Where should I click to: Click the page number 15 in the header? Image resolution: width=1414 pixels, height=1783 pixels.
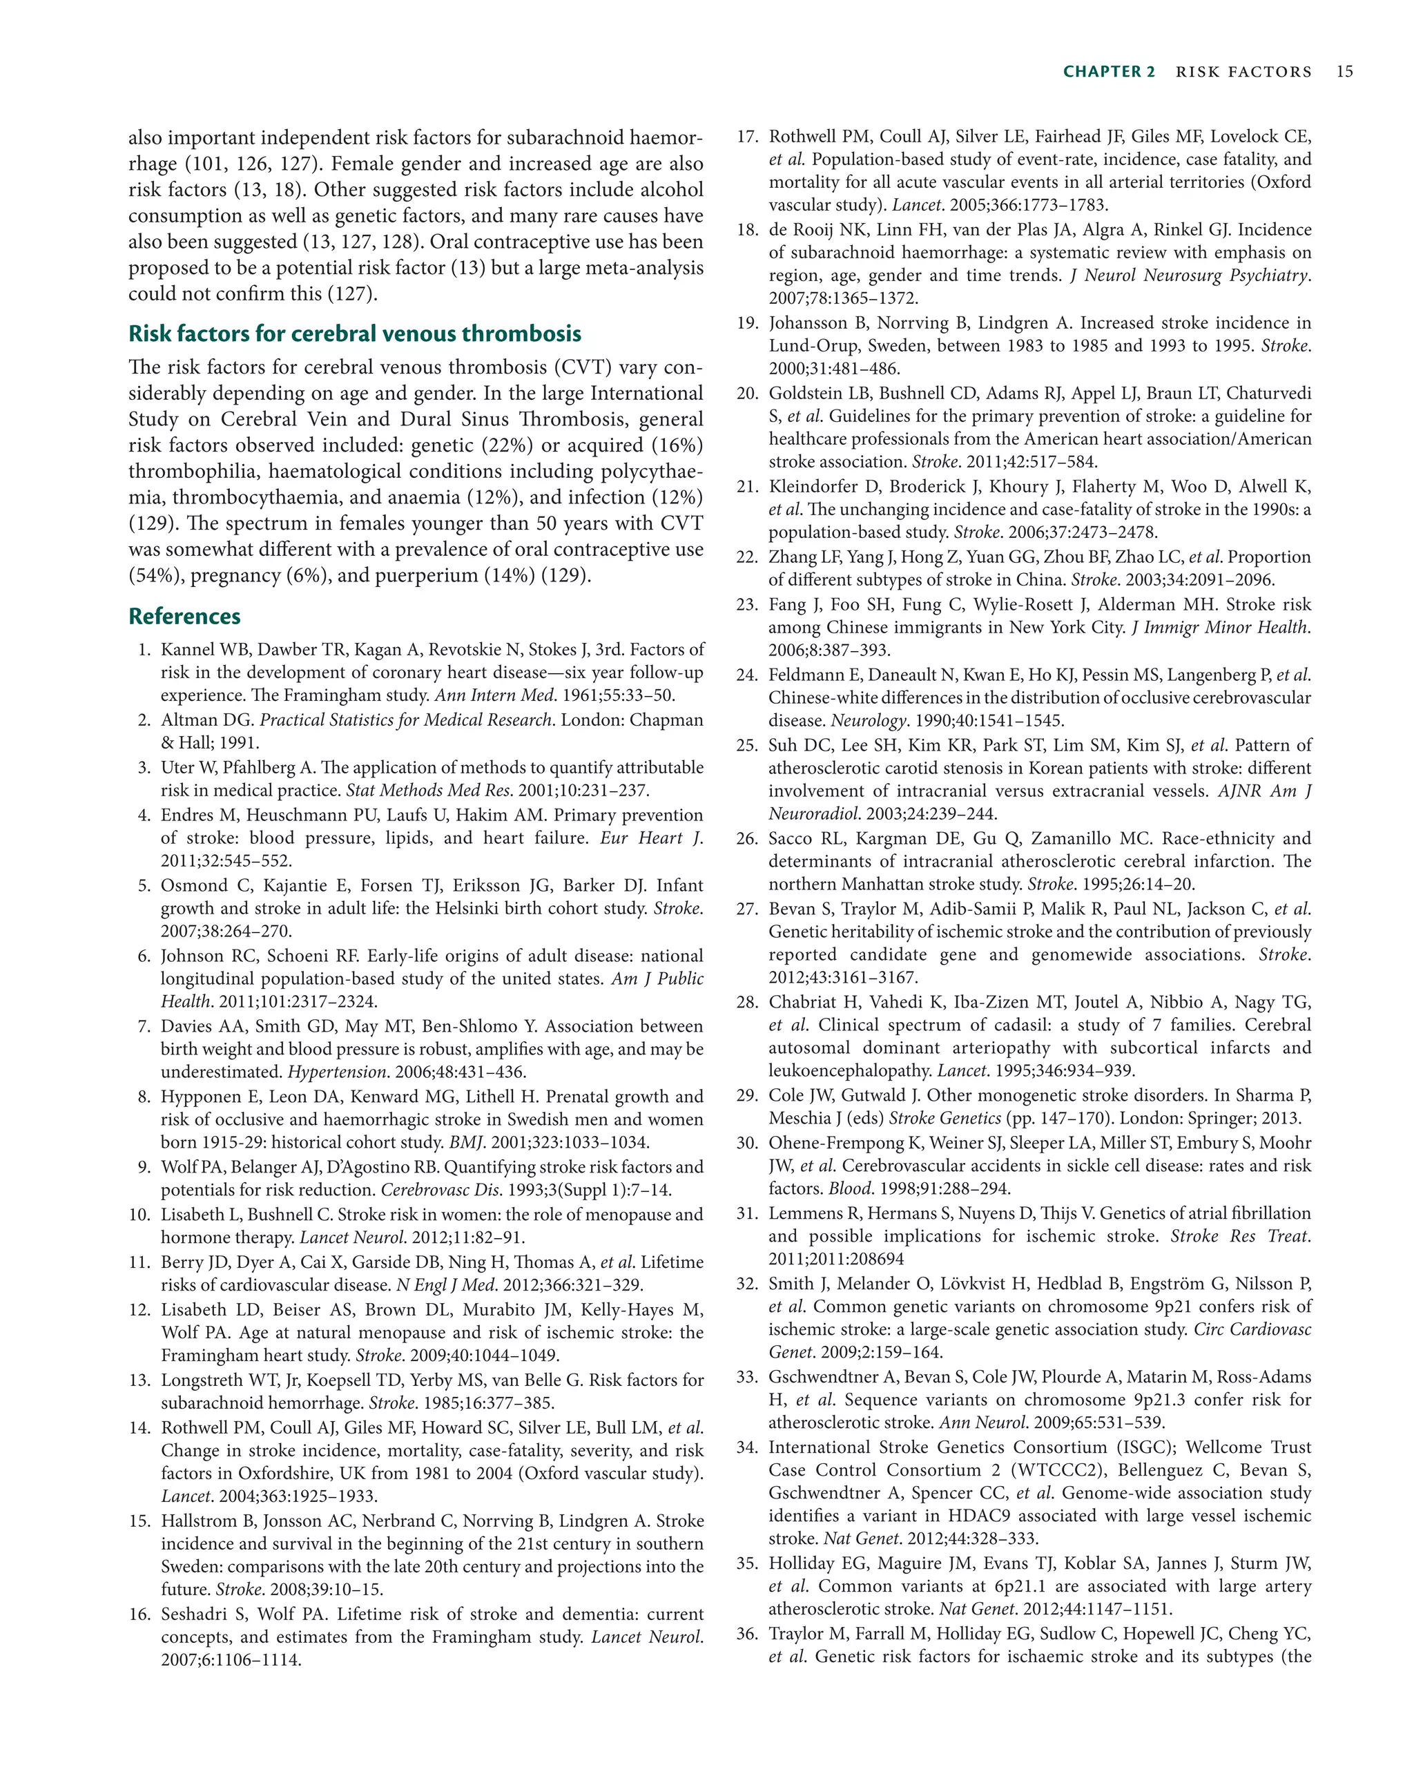point(1344,72)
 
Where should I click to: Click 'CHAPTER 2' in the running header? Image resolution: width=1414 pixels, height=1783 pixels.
point(1109,72)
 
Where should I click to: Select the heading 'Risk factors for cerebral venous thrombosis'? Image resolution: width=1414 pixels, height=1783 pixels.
point(355,334)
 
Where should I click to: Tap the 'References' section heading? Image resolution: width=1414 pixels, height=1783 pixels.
point(184,616)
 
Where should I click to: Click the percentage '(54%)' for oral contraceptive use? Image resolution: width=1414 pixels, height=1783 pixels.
point(155,576)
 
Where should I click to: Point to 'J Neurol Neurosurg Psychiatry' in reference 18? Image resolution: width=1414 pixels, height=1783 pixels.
point(1189,276)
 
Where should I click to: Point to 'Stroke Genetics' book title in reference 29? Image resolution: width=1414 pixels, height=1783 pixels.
point(945,1118)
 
